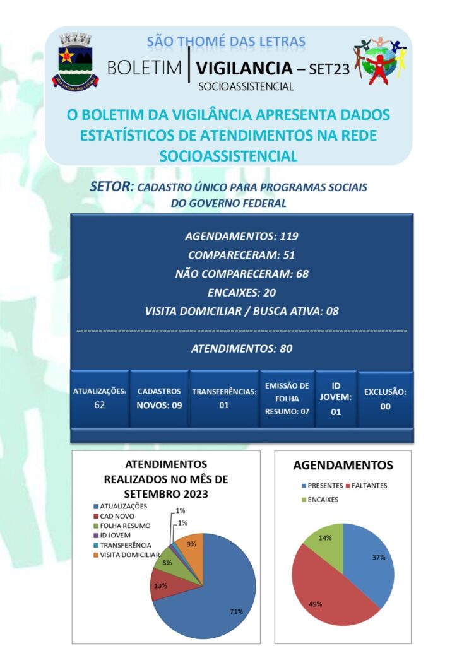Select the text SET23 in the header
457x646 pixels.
coord(329,69)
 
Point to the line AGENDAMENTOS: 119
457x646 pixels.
coord(241,237)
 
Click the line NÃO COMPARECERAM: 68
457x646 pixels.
coord(241,274)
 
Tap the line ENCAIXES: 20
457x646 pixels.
coord(241,292)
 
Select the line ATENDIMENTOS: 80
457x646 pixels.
coord(241,348)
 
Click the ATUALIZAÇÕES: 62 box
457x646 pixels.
coord(100,398)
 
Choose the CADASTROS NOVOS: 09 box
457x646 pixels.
coord(160,398)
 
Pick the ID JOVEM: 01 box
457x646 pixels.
coord(336,398)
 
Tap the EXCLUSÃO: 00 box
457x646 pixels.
coord(385,399)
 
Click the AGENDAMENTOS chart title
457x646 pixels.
coord(343,466)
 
